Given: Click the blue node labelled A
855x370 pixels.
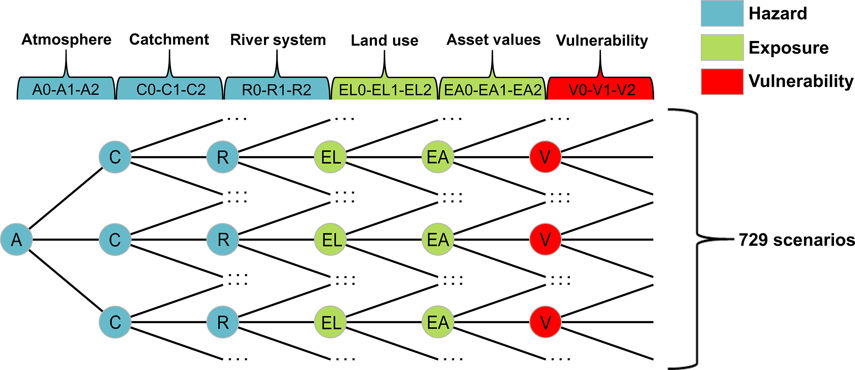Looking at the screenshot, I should [17, 240].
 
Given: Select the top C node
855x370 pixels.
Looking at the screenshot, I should [115, 157].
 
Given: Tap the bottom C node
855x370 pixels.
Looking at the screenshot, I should [115, 322].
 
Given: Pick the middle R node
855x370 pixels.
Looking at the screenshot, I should [223, 240].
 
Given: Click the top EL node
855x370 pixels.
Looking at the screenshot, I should [331, 157].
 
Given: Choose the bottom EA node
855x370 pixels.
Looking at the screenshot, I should [438, 322].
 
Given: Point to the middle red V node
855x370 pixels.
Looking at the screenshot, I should [545, 240].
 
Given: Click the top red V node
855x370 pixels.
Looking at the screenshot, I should [545, 157].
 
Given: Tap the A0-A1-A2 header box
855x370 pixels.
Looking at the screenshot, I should [66, 89].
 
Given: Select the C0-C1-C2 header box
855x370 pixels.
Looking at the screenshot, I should [170, 89].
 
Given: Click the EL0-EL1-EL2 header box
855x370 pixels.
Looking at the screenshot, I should [385, 89].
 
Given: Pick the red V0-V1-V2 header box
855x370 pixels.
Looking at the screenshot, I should [601, 89].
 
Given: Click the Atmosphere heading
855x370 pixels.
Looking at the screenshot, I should [66, 40].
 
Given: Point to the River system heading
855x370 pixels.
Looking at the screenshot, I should [278, 40].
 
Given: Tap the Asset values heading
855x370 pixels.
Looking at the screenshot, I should [493, 40].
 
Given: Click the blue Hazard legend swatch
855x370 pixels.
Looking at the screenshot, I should [722, 13].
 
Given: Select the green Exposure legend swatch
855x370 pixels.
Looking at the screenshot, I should [722, 48].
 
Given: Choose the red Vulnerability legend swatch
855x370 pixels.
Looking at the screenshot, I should [722, 82].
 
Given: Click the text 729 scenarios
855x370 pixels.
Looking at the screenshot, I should [797, 240].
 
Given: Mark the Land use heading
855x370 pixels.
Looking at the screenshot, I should [385, 41].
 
